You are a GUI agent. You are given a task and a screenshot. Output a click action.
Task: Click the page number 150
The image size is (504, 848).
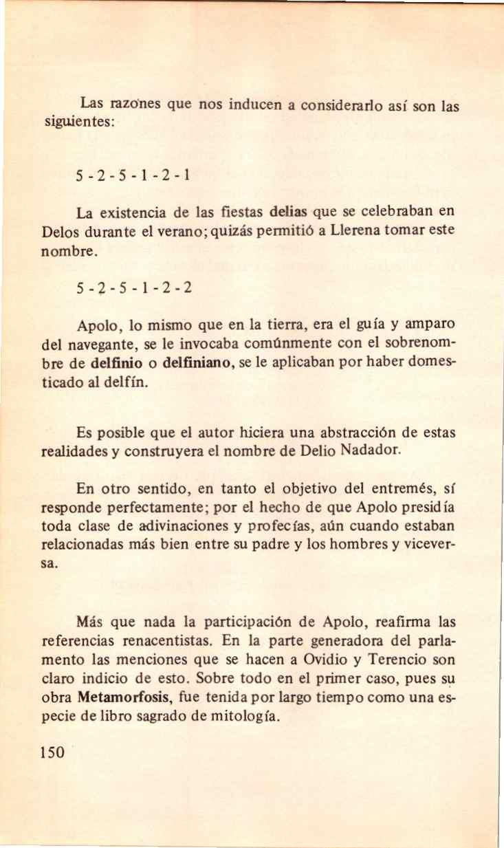click(x=52, y=751)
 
